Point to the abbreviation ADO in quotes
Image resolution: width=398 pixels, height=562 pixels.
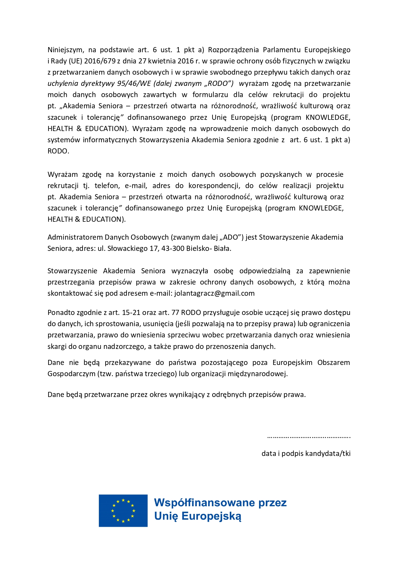230,237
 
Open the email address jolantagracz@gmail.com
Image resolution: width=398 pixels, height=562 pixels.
214,293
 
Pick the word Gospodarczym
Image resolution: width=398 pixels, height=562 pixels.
71,374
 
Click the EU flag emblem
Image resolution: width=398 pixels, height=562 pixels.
123,511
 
